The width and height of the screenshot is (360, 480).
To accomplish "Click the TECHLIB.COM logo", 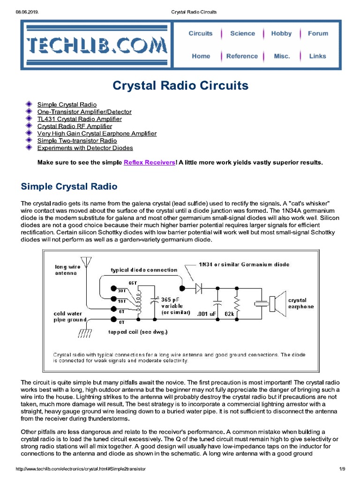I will pos(97,45).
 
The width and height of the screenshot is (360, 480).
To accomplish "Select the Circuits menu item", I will pos(200,34).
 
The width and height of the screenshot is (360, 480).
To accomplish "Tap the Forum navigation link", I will pos(318,34).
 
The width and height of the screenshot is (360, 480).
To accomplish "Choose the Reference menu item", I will pos(242,56).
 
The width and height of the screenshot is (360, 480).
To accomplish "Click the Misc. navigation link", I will pos(282,56).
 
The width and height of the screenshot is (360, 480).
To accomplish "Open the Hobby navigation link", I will pos(281,34).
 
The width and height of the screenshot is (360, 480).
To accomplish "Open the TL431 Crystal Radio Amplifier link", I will pos(79,119).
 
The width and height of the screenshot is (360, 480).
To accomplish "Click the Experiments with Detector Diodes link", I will pos(85,148).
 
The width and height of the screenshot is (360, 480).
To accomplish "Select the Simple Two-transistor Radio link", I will pos(77,141).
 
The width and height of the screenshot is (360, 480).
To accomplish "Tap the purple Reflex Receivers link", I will pos(150,163).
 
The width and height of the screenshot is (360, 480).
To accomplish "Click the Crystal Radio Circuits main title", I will pos(180,86).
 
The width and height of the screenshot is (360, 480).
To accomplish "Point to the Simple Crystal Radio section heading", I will pos(69,187).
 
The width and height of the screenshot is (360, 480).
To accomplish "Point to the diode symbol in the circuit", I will pos(199,289).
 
